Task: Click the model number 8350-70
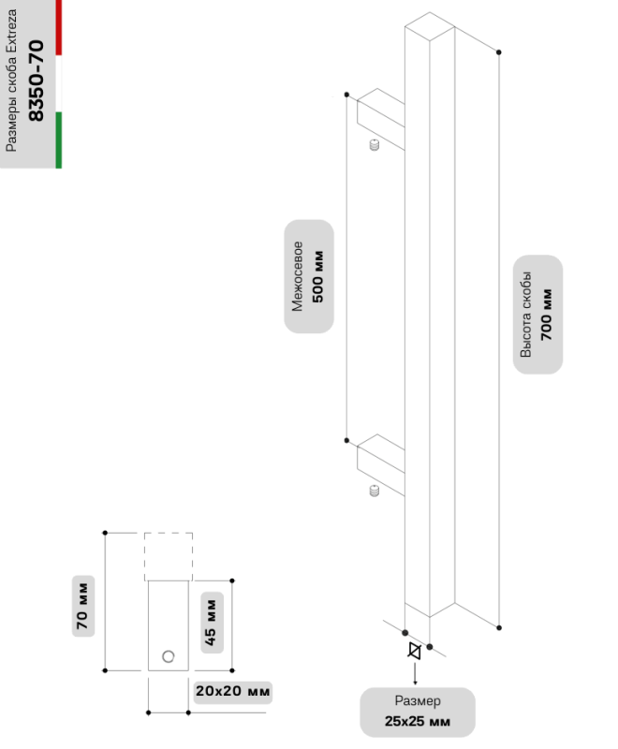point(37,81)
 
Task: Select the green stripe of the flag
point(58,140)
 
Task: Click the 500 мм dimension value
point(317,276)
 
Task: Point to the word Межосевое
point(297,276)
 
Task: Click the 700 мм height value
point(547,314)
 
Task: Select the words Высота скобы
point(526,314)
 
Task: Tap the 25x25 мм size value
point(418,722)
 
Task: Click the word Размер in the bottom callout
point(418,701)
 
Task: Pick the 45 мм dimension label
point(210,623)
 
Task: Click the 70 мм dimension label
point(81,618)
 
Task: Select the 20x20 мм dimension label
point(232,692)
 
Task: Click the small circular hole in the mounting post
point(168,655)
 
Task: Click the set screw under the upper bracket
point(375,147)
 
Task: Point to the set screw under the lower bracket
point(374,491)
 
